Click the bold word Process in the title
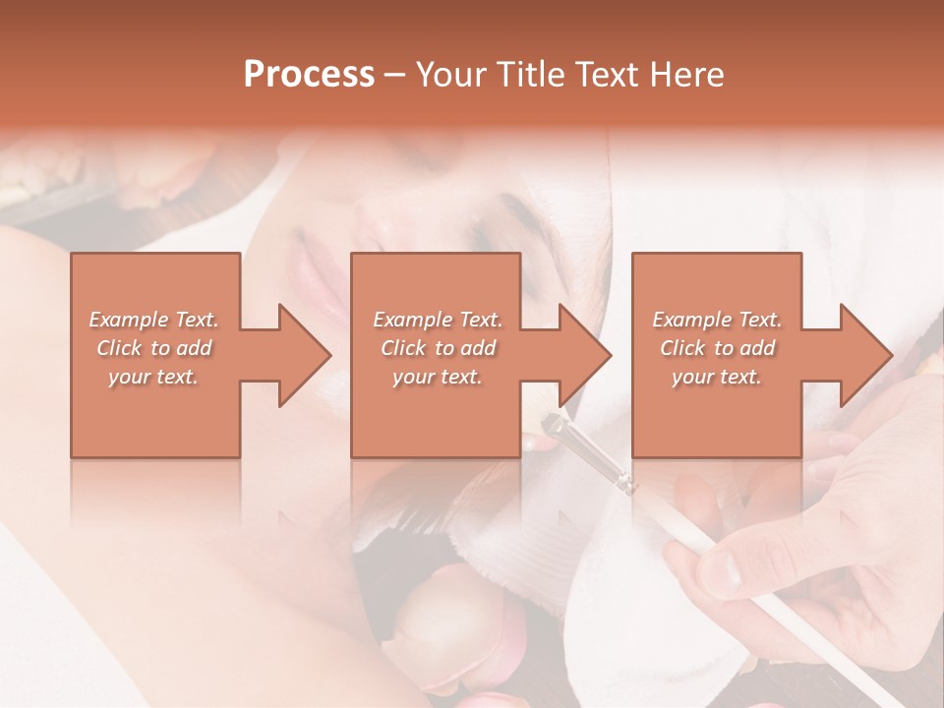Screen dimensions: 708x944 tap(309, 74)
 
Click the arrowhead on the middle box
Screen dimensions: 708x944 tap(584, 355)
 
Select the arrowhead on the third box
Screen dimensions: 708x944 tap(865, 355)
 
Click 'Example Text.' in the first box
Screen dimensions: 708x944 tap(153, 320)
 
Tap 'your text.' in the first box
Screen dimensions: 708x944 tap(153, 377)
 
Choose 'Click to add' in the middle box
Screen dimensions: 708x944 tap(438, 348)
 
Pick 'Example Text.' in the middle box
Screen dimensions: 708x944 tap(438, 320)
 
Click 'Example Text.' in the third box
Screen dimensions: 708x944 tap(717, 320)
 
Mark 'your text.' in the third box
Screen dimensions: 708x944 tap(717, 377)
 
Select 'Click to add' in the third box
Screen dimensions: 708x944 tap(717, 348)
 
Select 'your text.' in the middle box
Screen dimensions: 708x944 tap(438, 377)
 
